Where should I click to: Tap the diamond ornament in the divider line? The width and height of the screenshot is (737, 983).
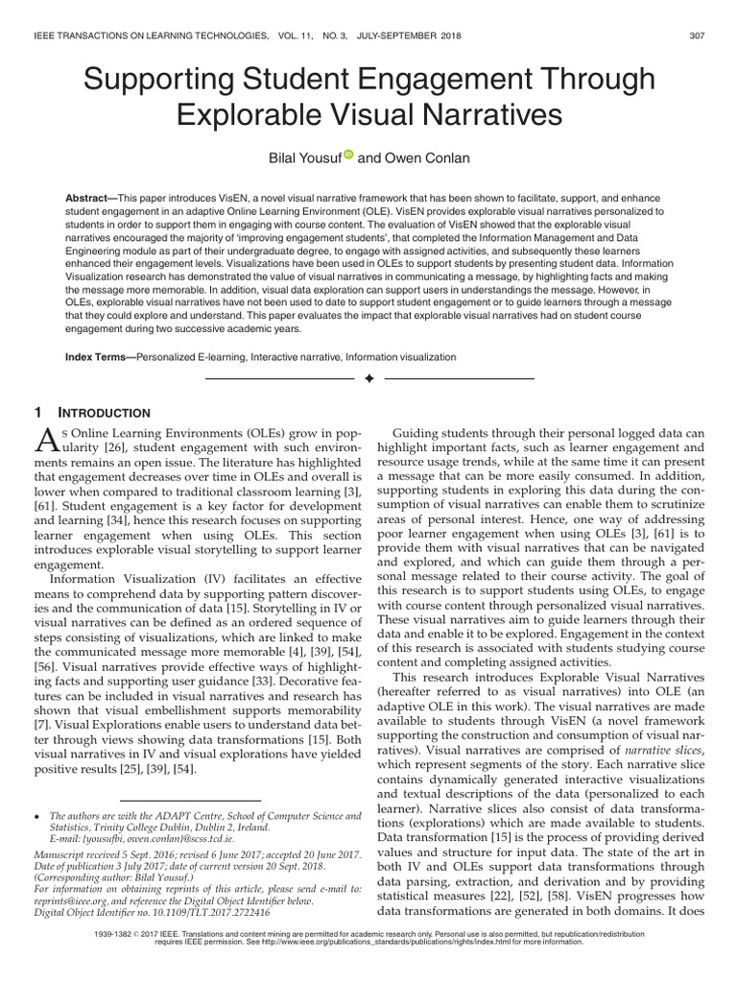click(x=368, y=380)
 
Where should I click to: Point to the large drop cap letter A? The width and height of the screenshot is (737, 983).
click(x=47, y=440)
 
